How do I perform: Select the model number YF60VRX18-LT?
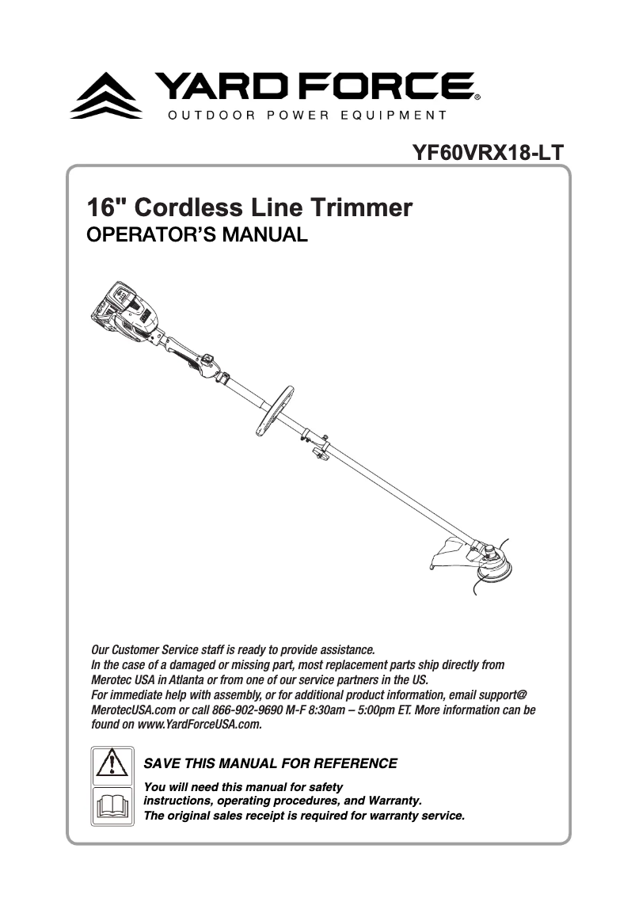pos(488,152)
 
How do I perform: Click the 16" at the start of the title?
pos(107,208)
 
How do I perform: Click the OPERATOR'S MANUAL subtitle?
pos(196,236)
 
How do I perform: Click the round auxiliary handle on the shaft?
pos(275,410)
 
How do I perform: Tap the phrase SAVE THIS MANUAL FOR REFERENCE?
pos(270,764)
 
